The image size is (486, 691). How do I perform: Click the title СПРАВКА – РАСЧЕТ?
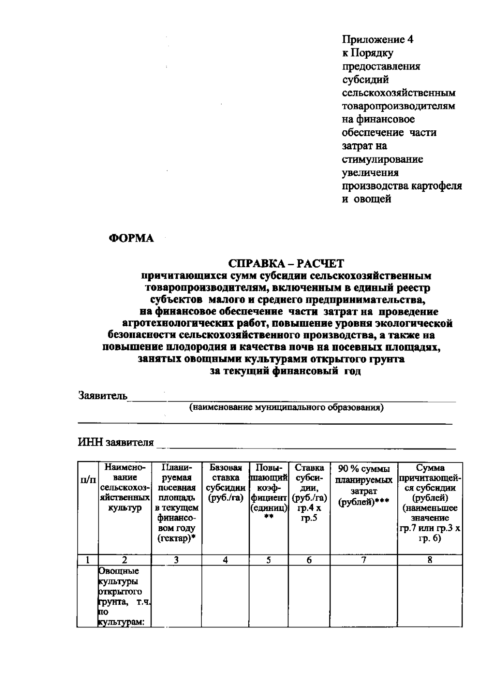(x=286, y=264)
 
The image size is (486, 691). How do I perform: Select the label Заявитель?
(x=103, y=395)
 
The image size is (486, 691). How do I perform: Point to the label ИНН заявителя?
(x=116, y=442)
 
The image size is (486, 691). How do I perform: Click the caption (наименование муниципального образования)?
(x=286, y=408)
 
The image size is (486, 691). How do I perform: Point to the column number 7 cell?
(x=364, y=560)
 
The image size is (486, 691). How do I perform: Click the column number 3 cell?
(x=176, y=560)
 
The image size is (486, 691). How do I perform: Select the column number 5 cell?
(x=269, y=560)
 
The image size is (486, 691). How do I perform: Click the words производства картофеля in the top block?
(x=402, y=186)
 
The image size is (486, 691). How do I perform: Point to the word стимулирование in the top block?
(x=382, y=159)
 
